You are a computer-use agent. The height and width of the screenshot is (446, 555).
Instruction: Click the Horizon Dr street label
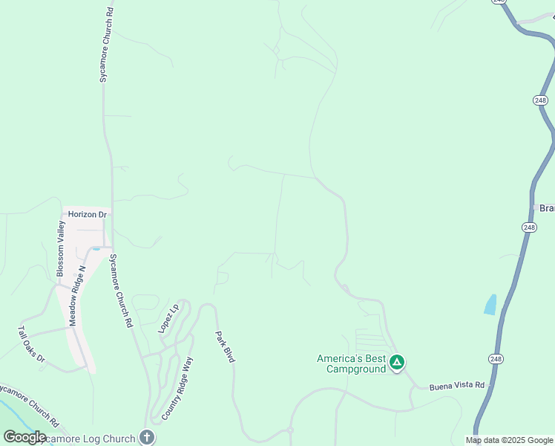tap(88, 214)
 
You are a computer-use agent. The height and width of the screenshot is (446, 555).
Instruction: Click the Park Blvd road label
tap(226, 346)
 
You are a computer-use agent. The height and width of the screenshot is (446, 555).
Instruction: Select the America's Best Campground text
tap(352, 363)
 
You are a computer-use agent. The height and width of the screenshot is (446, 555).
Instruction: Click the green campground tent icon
tap(397, 363)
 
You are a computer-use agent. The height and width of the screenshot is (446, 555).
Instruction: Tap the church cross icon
tap(146, 438)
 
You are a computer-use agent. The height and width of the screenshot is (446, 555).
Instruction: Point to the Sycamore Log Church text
tap(89, 439)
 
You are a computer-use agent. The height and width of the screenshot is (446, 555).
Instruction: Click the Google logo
tap(24, 437)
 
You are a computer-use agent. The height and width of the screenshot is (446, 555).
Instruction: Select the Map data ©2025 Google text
tap(510, 440)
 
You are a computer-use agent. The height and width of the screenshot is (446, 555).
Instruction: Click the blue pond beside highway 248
tap(490, 304)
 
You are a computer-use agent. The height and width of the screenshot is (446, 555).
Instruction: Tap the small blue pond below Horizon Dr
tap(96, 248)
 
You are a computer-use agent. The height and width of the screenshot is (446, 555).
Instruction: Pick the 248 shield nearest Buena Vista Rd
tap(496, 358)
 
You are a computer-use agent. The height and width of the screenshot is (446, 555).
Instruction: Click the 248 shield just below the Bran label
tap(528, 227)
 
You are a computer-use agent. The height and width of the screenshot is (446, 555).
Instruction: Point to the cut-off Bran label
tap(546, 207)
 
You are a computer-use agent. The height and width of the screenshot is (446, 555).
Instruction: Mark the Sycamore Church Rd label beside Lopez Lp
tap(121, 291)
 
